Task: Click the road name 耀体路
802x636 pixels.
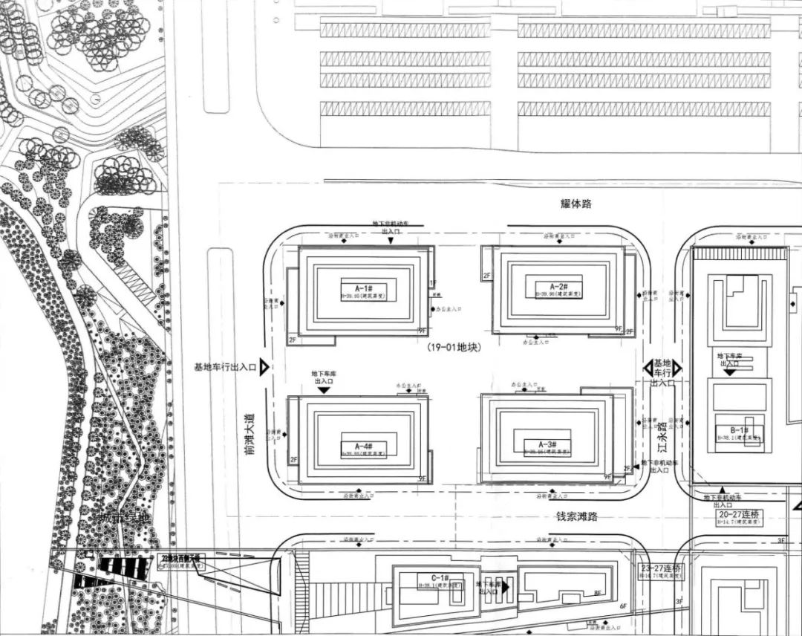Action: click(x=576, y=204)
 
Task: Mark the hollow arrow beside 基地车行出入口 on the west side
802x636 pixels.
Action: click(x=264, y=367)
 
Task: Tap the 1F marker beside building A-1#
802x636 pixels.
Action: click(x=433, y=284)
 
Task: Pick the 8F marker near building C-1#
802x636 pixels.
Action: click(x=597, y=593)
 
